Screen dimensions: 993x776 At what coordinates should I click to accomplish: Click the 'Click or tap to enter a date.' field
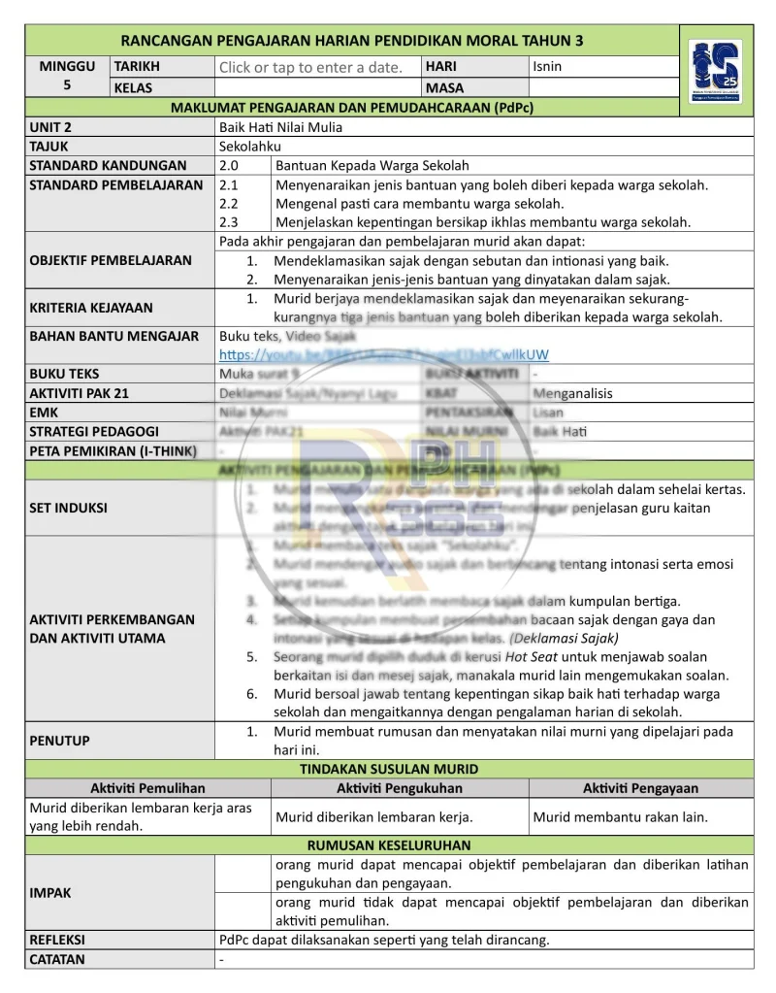[x=310, y=67]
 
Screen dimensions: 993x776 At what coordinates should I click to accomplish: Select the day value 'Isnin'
[x=547, y=67]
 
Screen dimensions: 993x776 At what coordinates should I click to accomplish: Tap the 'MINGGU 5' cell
[x=67, y=77]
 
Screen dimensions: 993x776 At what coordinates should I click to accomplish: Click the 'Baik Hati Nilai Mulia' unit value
[x=280, y=127]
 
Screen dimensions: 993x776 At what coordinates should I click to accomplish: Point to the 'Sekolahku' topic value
[x=248, y=146]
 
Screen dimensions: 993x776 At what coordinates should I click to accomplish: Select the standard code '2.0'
[x=230, y=165]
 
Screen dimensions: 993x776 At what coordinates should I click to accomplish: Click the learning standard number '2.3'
[x=230, y=222]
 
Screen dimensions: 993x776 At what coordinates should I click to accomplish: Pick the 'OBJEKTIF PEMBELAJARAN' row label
[x=111, y=260]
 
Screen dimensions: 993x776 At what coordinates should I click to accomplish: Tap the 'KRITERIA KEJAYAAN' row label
[x=91, y=308]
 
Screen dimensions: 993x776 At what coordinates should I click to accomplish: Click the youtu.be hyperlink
[x=383, y=354]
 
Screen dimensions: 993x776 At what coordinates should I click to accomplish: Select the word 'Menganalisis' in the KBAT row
[x=572, y=393]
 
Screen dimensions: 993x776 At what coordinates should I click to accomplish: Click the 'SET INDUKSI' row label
[x=69, y=508]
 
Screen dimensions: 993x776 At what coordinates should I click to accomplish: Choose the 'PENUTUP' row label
[x=60, y=741]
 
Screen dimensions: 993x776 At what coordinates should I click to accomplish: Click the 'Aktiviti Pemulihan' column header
[x=147, y=788]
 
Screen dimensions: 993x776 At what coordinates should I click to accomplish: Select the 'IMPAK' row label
[x=50, y=893]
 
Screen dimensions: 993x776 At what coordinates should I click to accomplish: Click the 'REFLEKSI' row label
[x=57, y=940]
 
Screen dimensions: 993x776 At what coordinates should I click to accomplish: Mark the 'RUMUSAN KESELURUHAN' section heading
[x=389, y=845]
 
